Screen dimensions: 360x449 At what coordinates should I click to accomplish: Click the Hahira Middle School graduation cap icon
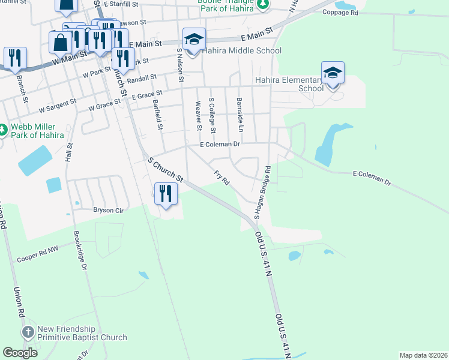(194, 40)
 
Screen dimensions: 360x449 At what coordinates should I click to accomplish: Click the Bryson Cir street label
(108, 210)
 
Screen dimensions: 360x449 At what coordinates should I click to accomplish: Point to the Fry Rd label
(221, 178)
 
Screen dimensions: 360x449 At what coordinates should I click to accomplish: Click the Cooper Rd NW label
(37, 257)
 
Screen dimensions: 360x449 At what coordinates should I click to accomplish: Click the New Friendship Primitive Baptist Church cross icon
(28, 332)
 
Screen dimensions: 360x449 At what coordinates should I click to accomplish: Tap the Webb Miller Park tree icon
(3, 130)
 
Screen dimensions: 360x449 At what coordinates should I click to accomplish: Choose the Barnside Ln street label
(240, 115)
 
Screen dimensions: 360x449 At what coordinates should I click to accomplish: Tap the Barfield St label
(157, 115)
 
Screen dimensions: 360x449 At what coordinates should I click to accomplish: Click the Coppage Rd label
(357, 13)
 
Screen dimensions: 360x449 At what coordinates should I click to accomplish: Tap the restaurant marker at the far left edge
(14, 58)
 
